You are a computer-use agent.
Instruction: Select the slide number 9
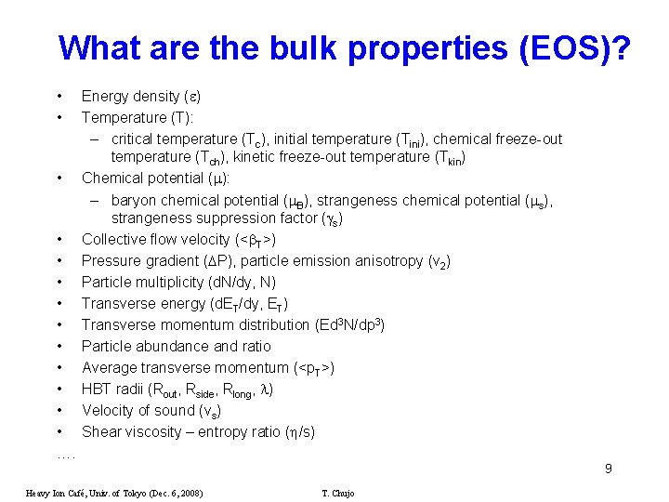[x=608, y=469]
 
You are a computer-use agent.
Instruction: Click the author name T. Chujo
[x=337, y=493]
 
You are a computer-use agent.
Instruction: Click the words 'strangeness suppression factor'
[x=214, y=218]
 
